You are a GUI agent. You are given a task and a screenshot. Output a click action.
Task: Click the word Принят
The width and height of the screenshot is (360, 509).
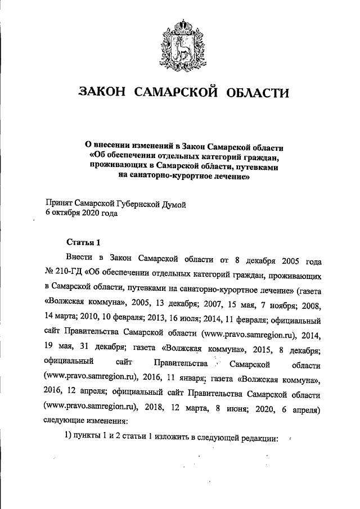click(x=59, y=203)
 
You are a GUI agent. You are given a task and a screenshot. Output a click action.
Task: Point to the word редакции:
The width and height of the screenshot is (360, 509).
click(x=259, y=439)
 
